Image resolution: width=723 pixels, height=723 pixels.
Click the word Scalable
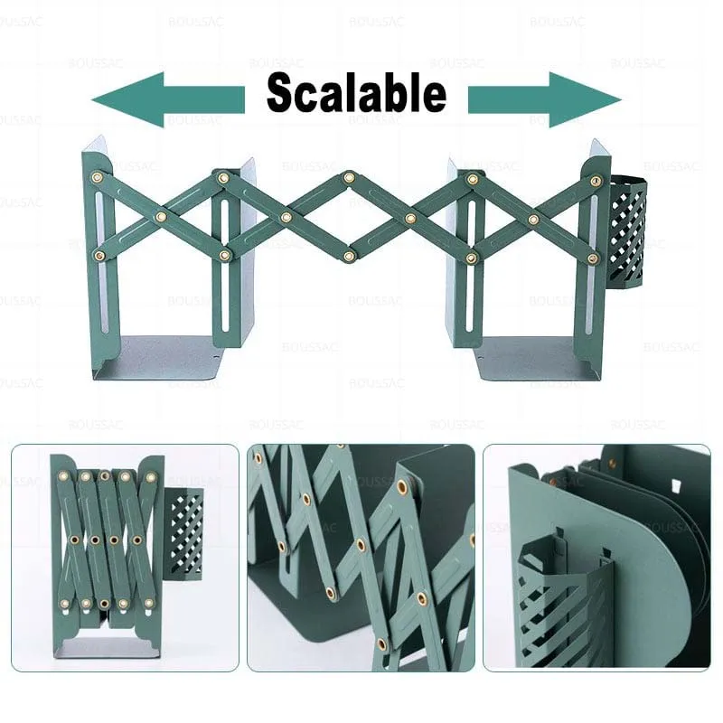(x=356, y=93)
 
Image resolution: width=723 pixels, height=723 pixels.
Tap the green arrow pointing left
(x=168, y=99)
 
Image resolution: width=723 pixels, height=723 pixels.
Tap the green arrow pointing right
(x=545, y=99)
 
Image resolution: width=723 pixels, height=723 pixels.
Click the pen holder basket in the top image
(x=627, y=230)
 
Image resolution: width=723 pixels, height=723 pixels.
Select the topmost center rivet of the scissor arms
(x=349, y=176)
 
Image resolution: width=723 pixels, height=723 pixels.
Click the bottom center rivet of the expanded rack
(x=349, y=256)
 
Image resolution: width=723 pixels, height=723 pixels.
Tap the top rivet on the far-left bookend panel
(x=97, y=176)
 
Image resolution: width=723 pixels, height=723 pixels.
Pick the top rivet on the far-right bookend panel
(x=596, y=180)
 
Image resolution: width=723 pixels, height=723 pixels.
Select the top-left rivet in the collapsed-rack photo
(x=63, y=475)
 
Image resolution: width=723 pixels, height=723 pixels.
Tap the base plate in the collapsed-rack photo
(x=107, y=647)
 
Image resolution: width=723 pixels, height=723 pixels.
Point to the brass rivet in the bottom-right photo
(x=612, y=463)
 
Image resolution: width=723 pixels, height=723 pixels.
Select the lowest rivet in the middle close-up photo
(x=381, y=644)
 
